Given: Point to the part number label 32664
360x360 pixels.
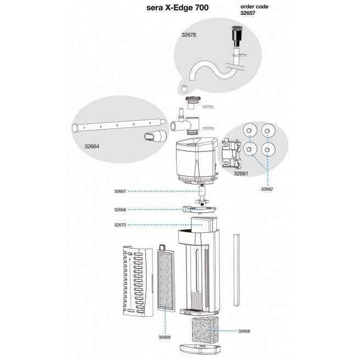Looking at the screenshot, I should (x=92, y=147).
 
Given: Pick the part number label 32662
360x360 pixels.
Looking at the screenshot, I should (x=267, y=189).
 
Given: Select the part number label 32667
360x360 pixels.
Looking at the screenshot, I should (x=120, y=192).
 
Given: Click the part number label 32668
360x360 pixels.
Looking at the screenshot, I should (x=120, y=210).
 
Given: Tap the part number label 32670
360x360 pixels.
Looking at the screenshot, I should (x=120, y=225).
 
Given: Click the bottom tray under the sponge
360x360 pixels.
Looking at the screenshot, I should (x=202, y=350).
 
